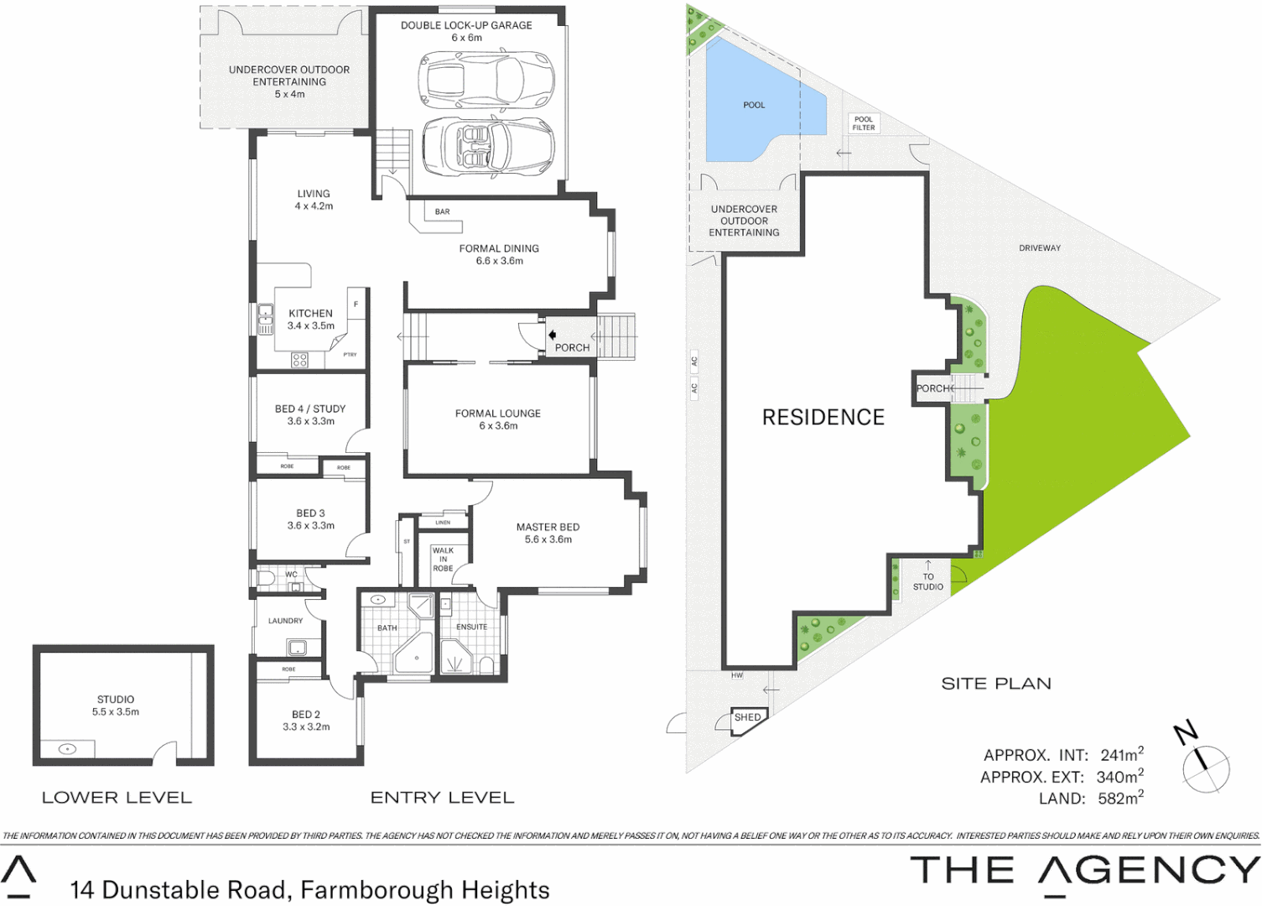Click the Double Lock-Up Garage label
(x=466, y=26)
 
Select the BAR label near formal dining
(x=442, y=212)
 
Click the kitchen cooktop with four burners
(x=299, y=360)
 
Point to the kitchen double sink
(x=265, y=319)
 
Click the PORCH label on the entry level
(x=572, y=347)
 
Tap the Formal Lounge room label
(x=497, y=414)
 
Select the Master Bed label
(x=548, y=528)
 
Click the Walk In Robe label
(x=443, y=560)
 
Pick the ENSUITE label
(x=471, y=627)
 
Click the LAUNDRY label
(x=285, y=621)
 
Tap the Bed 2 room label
(x=306, y=715)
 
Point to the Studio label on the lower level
(x=116, y=700)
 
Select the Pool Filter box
(x=864, y=123)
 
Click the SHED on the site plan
(x=747, y=718)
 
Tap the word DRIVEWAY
(x=1040, y=248)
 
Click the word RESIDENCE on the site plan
(x=823, y=418)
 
